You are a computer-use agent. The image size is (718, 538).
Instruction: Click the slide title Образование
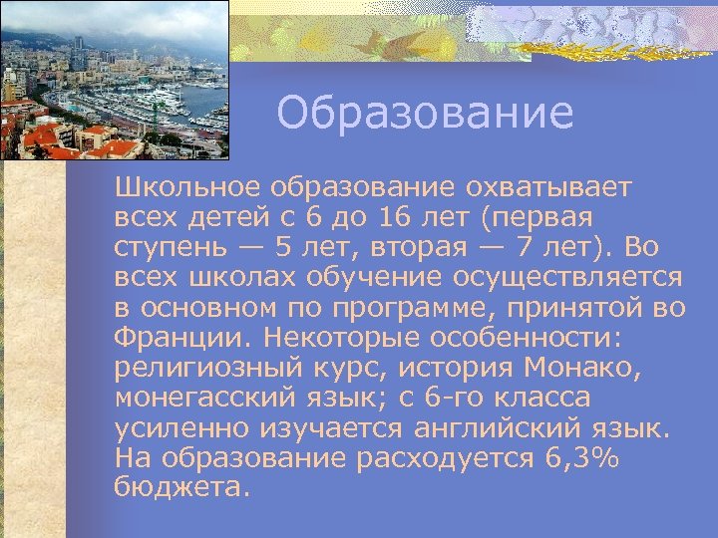[425, 114]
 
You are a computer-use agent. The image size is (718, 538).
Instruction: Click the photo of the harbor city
[114, 80]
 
